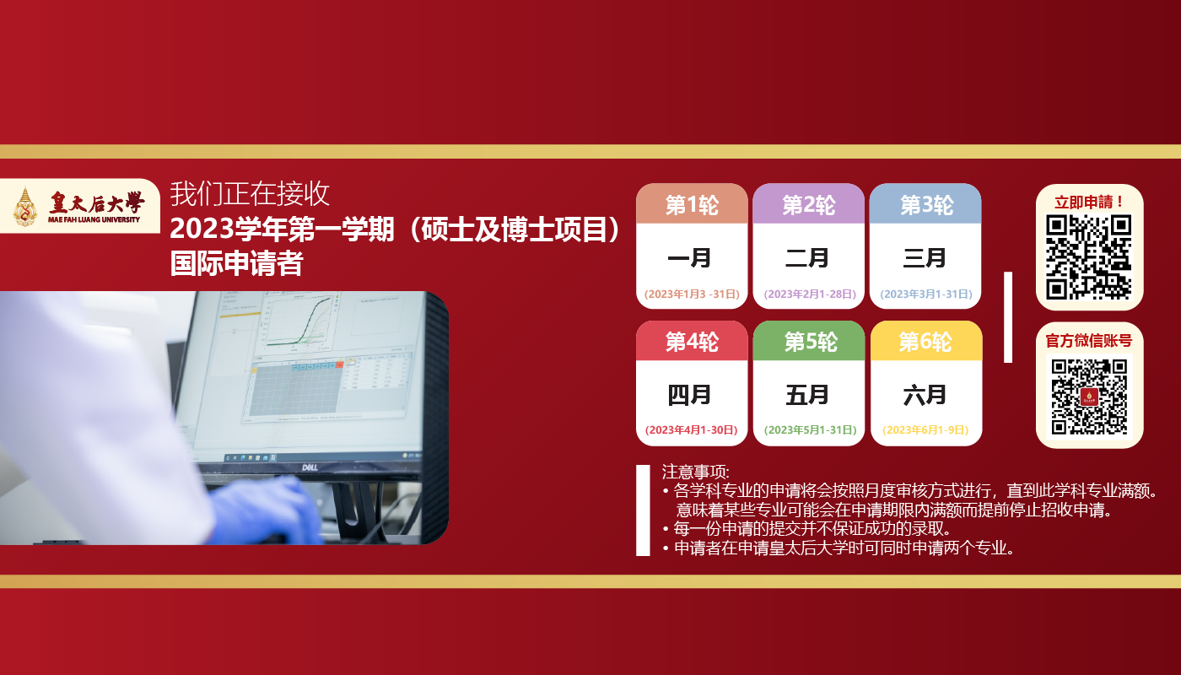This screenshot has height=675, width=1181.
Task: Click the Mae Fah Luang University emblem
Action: [x=24, y=206]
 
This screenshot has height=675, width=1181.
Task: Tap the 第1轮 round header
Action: [x=692, y=204]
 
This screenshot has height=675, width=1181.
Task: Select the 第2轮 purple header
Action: [x=808, y=204]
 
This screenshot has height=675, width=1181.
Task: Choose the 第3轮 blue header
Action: [x=925, y=204]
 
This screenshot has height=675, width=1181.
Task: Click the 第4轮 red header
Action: [x=692, y=341]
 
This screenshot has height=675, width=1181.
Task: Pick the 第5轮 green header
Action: [x=809, y=341]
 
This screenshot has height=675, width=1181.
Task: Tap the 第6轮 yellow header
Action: [x=926, y=341]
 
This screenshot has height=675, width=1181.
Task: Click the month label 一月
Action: [x=689, y=258]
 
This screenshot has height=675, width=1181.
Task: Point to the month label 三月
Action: [x=925, y=258]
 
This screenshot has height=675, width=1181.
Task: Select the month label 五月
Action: [x=807, y=395]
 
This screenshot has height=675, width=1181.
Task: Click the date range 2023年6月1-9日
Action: [x=926, y=429]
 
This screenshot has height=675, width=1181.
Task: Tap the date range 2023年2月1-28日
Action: [x=811, y=294]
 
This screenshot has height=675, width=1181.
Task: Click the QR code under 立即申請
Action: [x=1089, y=257]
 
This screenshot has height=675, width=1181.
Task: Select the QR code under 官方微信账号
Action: [x=1089, y=397]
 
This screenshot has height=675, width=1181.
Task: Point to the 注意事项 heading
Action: [x=695, y=472]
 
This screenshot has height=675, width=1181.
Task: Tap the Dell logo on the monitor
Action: [x=310, y=467]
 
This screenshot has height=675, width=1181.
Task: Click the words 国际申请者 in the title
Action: [x=236, y=263]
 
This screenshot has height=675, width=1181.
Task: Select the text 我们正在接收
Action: [x=250, y=193]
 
